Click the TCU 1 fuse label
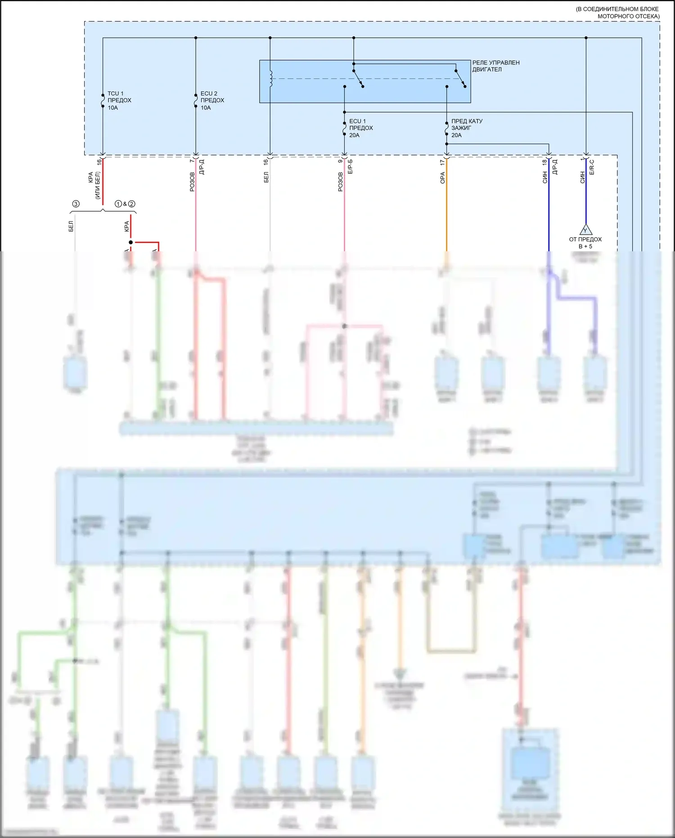coord(119,100)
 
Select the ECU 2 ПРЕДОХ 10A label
coord(212,100)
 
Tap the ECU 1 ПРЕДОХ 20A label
coord(361,128)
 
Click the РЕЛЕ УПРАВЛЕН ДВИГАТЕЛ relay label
coord(495,66)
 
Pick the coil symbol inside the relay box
coord(270,78)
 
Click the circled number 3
coord(76,204)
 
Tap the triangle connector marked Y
coord(585,230)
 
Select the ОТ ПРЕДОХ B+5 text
coord(585,243)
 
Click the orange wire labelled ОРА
coord(446,207)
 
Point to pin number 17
coord(442,162)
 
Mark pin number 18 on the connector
coord(544,162)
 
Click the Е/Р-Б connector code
coord(350,167)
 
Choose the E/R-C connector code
coord(592,167)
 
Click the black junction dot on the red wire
coord(131,242)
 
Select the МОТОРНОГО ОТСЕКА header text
coord(628,16)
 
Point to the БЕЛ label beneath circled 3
coord(71,226)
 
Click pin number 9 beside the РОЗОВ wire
coord(340,161)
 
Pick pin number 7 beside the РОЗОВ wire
coord(192,161)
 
